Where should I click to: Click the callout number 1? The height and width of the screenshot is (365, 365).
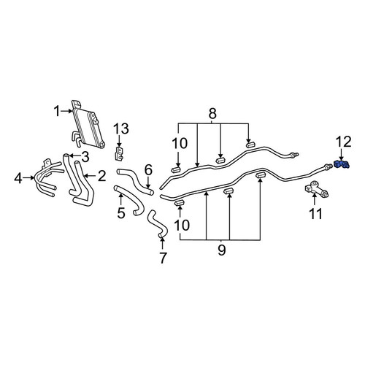57,111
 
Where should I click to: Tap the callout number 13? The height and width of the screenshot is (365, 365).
121,128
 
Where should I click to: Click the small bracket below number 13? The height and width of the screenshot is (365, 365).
119,153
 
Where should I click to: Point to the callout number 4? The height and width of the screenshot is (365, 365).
18,178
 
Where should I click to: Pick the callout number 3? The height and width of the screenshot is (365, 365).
85,157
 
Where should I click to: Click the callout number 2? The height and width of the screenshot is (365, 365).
101,176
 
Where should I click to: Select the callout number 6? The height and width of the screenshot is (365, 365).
148,170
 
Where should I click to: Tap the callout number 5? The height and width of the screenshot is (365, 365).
121,213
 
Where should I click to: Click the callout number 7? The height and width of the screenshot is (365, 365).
163,258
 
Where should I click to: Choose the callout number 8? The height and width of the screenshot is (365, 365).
212,113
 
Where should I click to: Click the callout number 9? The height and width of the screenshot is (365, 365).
222,250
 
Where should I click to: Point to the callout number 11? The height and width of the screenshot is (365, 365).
315,214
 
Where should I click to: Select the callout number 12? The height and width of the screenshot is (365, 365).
344,142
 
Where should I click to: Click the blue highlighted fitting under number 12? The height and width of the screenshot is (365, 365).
342,164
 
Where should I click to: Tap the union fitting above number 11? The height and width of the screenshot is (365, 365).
317,189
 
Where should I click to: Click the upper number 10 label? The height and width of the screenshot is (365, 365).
180,144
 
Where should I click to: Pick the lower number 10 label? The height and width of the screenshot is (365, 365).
182,225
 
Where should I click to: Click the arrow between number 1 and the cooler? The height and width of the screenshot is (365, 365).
66,111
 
